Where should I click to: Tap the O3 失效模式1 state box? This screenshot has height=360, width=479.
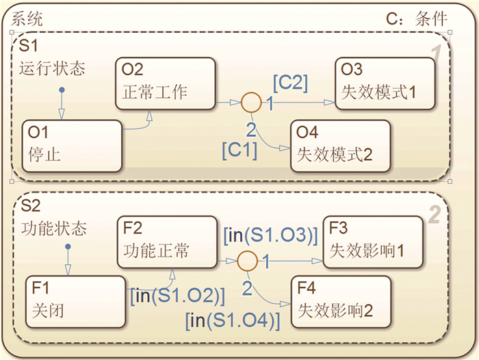[385, 82]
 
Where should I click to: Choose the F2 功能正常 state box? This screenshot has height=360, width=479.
[166, 240]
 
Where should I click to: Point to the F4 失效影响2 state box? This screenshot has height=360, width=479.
[340, 300]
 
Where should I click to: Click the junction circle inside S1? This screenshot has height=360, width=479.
[251, 103]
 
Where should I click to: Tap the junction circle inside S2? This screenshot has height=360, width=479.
[247, 261]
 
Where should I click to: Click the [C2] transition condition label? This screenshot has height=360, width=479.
[290, 82]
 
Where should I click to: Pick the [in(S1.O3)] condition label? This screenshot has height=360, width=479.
[271, 235]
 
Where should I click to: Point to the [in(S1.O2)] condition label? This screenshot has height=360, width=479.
[177, 296]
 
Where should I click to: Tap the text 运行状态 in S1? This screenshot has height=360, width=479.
[52, 68]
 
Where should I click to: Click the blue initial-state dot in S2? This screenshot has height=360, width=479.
[66, 249]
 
